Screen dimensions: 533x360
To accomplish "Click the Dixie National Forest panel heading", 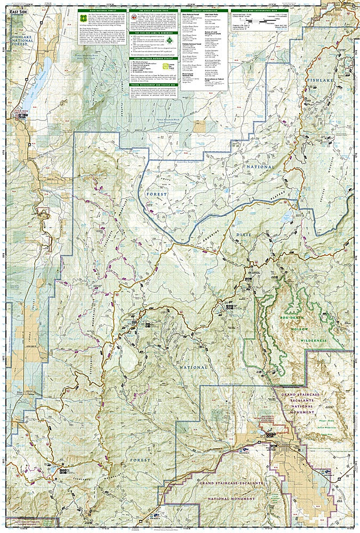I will [102, 10].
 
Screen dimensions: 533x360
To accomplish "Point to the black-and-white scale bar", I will [260, 21].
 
